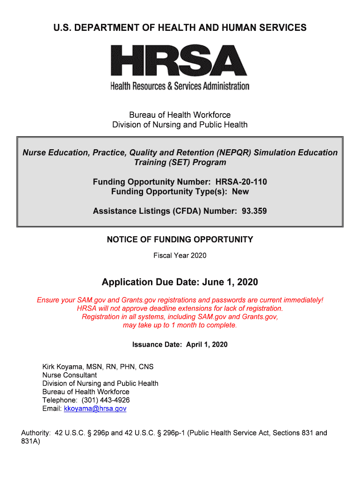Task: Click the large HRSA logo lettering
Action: pyautogui.click(x=180, y=60)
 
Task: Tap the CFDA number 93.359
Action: pyautogui.click(x=254, y=211)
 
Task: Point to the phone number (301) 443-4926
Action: pyautogui.click(x=106, y=400)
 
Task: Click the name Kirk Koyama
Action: pyautogui.click(x=65, y=366)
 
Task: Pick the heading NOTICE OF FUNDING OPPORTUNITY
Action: pyautogui.click(x=180, y=239)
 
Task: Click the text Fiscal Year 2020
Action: pyautogui.click(x=180, y=255)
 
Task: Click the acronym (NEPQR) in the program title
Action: pyautogui.click(x=234, y=152)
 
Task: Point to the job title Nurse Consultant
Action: pyautogui.click(x=70, y=375)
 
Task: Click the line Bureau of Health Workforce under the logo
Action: pyautogui.click(x=180, y=115)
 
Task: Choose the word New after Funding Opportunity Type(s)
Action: pyautogui.click(x=240, y=192)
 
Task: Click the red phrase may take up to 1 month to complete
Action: pyautogui.click(x=180, y=325)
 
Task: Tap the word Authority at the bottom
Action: pyautogui.click(x=36, y=433)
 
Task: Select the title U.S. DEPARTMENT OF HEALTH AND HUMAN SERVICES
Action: pyautogui.click(x=180, y=28)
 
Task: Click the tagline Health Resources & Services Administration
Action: pyautogui.click(x=180, y=86)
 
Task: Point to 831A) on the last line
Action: pyautogui.click(x=31, y=441)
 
